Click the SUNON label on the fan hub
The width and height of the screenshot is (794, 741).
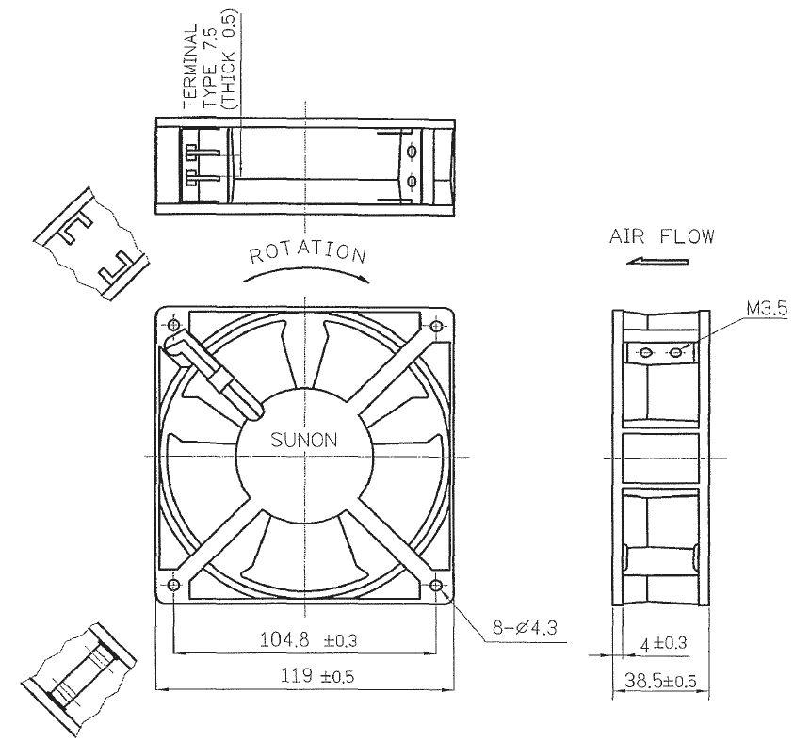point(304,440)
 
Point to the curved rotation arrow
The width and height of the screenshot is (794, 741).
point(306,272)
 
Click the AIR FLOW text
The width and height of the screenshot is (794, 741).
point(662,236)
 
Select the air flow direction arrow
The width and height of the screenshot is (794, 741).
point(657,261)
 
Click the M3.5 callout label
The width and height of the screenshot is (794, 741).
point(768,308)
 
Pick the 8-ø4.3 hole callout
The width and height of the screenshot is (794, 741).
point(525,628)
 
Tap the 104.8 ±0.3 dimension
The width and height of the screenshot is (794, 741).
point(308,640)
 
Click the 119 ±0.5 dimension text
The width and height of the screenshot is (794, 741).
point(317,676)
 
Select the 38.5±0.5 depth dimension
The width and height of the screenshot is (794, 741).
point(660,681)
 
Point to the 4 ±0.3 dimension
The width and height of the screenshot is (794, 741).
point(663,644)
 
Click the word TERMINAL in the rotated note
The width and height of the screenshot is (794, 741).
point(191,66)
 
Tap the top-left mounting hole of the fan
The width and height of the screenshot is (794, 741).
point(173,325)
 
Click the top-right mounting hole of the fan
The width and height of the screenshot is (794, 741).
point(436,326)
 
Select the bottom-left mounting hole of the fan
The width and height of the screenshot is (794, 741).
point(173,586)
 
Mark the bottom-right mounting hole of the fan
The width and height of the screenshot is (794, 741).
point(436,586)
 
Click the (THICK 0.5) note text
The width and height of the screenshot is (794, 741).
point(229,59)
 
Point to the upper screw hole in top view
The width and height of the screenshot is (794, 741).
point(412,152)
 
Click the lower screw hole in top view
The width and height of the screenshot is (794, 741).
point(412,181)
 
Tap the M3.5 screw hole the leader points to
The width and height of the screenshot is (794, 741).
point(675,352)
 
